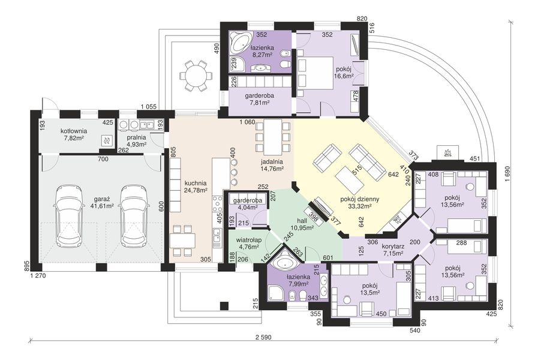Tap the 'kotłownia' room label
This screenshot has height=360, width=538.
pyautogui.click(x=74, y=131)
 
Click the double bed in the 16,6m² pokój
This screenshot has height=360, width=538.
pyautogui.click(x=318, y=70)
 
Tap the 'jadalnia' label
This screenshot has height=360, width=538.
pyautogui.click(x=272, y=161)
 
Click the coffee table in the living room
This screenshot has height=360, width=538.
pyautogui.click(x=348, y=179)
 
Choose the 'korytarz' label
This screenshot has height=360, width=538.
pyautogui.click(x=393, y=246)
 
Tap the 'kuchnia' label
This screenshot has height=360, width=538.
pyautogui.click(x=196, y=183)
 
